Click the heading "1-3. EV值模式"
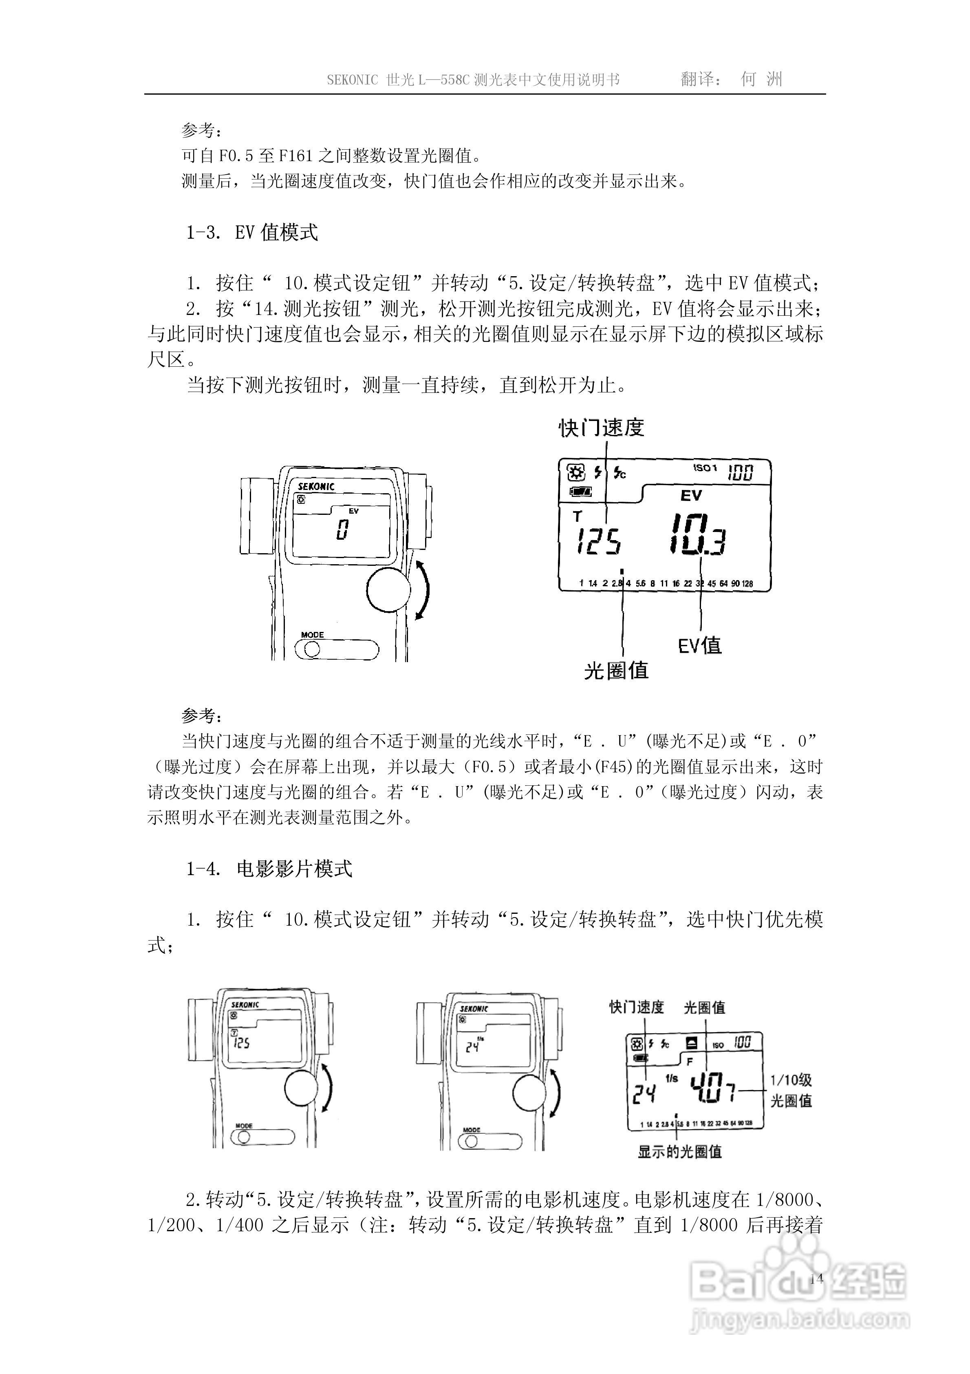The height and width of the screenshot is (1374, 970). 252,232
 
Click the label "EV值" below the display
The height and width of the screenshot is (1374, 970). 700,645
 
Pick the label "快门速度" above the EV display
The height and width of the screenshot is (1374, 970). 601,428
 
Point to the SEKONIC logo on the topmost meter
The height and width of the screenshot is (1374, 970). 316,487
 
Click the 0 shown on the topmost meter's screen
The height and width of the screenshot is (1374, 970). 342,530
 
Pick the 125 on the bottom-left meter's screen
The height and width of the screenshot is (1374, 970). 242,1044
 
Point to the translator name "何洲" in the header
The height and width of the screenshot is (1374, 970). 761,79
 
